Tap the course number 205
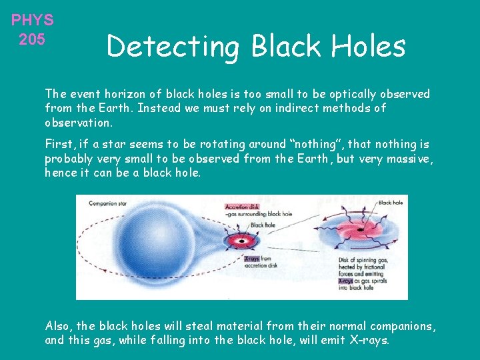(x=32, y=39)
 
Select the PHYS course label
(x=32, y=20)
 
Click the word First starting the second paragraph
(x=59, y=144)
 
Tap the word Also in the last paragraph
(x=59, y=326)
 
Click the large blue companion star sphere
(x=157, y=243)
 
